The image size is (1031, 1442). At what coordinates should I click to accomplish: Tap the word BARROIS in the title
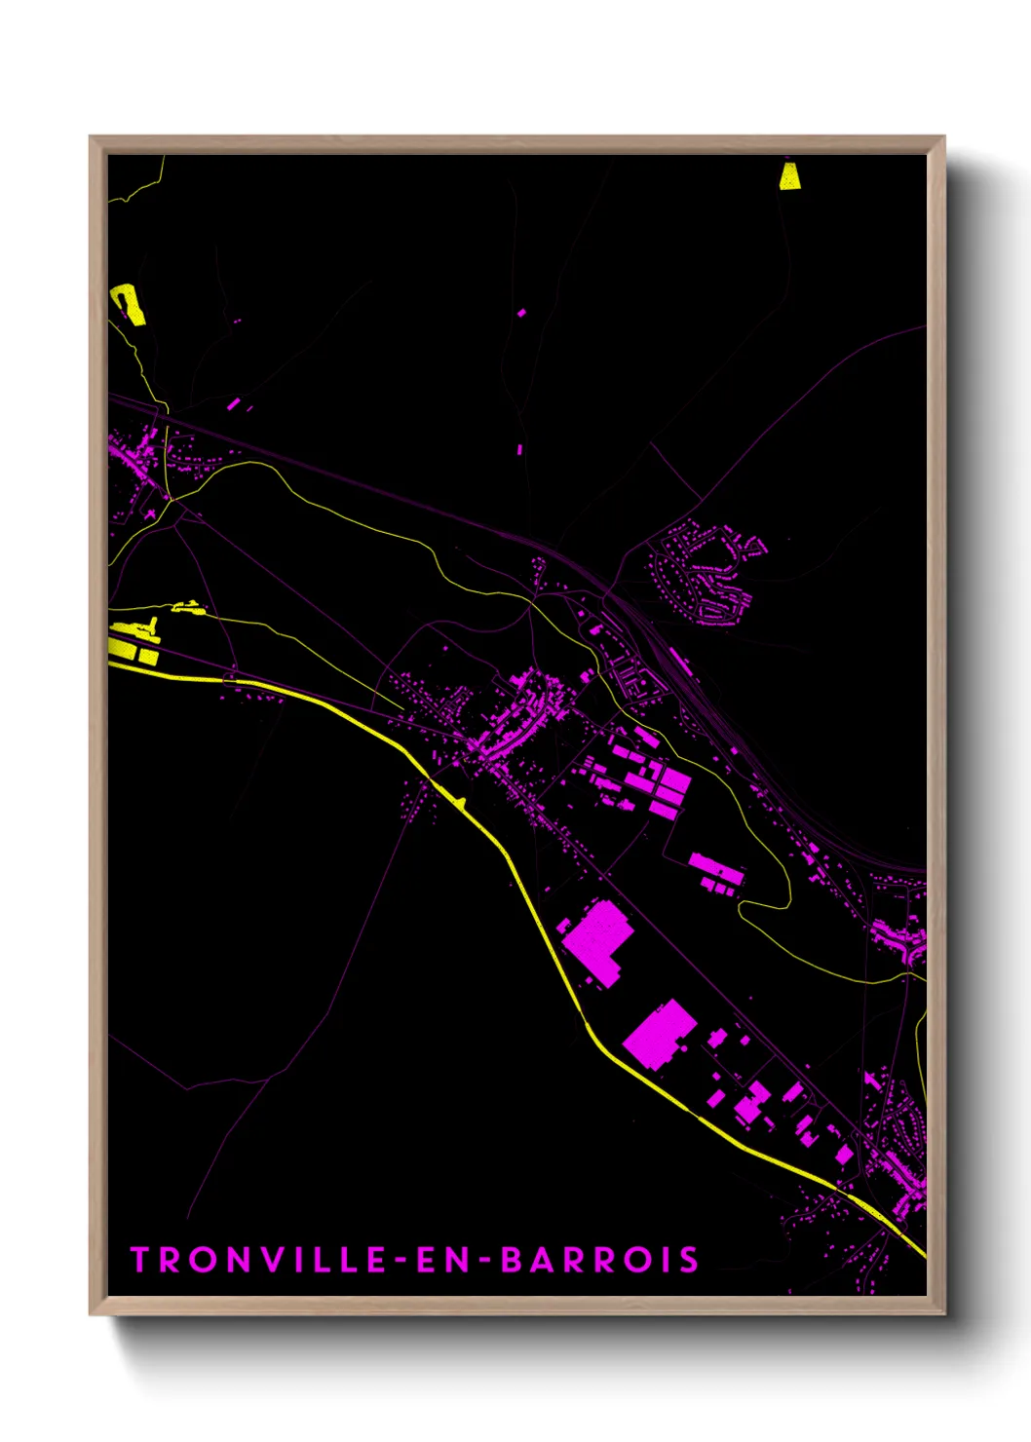(600, 1260)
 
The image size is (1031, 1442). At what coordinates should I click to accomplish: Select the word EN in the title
(444, 1260)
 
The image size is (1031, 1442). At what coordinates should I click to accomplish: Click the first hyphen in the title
(401, 1261)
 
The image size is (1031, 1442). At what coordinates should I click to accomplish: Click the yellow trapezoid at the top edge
(789, 176)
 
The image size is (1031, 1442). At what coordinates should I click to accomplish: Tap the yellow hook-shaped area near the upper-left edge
(129, 303)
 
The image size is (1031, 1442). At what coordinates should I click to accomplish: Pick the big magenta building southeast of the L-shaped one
(660, 1033)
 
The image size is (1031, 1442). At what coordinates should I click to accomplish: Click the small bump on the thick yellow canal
(459, 804)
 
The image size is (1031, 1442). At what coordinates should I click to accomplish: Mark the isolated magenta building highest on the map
(521, 313)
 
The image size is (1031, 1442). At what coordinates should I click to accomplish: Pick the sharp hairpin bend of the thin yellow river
(743, 907)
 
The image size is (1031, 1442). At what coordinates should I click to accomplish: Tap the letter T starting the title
(139, 1260)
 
